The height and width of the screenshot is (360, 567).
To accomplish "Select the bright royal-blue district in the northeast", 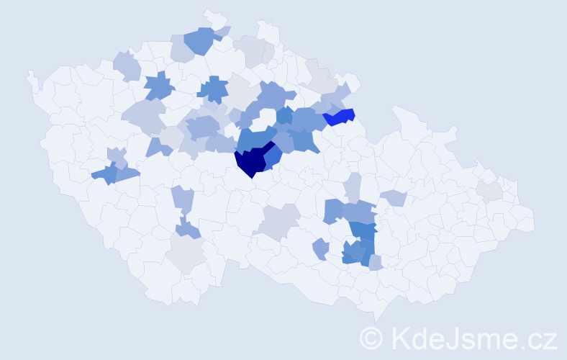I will click(x=340, y=117).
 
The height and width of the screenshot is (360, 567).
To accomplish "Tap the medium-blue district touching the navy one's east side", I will click(x=272, y=157).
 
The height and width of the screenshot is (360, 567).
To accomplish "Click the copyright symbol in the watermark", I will click(x=371, y=337).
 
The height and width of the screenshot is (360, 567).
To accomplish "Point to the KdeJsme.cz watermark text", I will click(x=471, y=337).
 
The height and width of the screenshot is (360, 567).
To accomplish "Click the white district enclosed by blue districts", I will click(x=266, y=117).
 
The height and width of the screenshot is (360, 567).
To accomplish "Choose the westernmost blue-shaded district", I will click(x=104, y=174).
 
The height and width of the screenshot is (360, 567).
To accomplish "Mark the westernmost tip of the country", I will click(x=28, y=73).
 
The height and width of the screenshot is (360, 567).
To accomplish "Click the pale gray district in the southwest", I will click(x=187, y=254).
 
